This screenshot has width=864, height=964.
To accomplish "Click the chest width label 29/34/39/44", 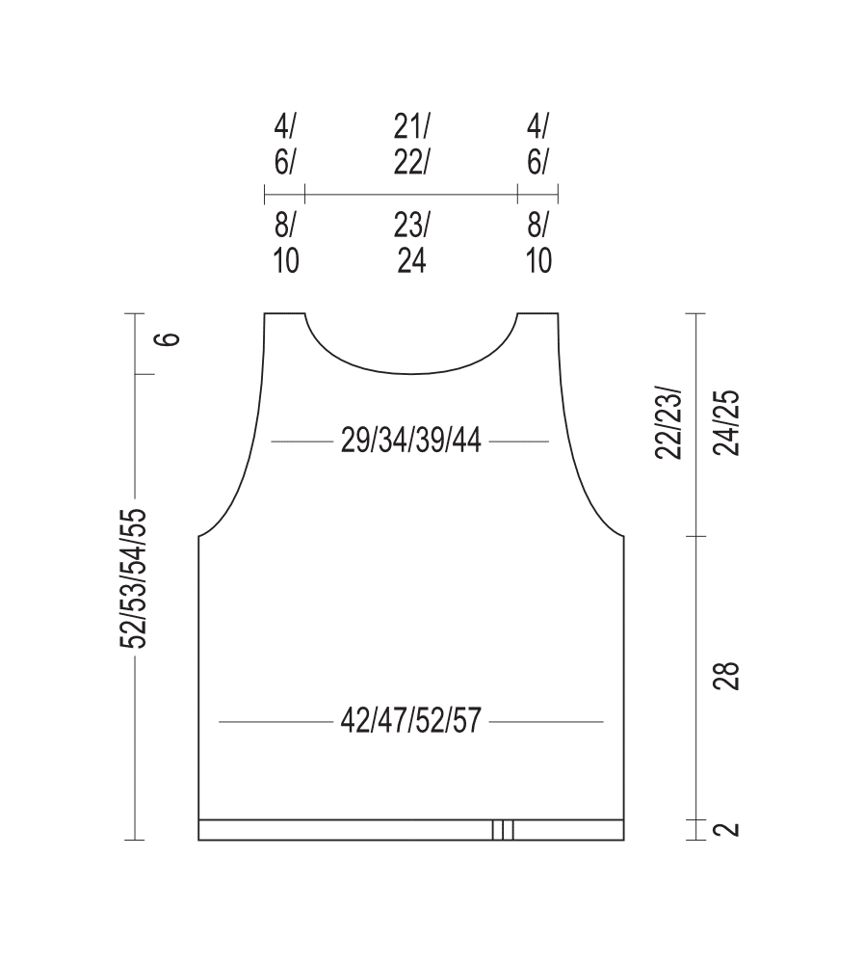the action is [410, 441].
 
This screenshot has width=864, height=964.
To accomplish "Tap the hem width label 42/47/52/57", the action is [410, 720].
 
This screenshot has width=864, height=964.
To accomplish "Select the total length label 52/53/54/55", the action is [134, 578].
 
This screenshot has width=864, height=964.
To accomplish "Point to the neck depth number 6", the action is [168, 338].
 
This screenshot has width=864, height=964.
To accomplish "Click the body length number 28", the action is [727, 677].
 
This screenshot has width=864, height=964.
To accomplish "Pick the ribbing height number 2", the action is [727, 829].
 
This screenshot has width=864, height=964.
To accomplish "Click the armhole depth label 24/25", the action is [727, 422].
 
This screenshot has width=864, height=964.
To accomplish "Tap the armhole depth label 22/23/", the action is [668, 422].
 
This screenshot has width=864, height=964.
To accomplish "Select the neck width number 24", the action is [411, 260].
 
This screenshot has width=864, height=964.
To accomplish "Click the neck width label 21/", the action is [411, 126].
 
